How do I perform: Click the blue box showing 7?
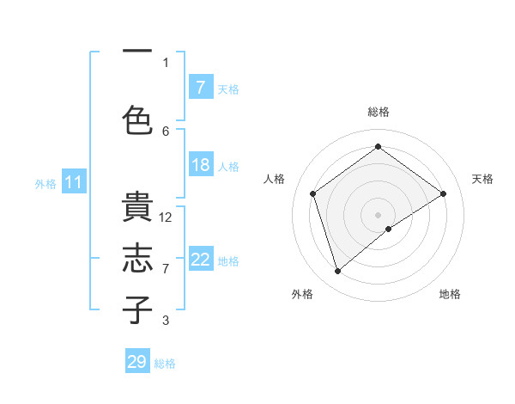200,88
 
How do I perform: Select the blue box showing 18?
200,165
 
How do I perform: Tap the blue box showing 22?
200,260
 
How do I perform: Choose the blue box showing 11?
73,182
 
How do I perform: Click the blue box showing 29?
137,362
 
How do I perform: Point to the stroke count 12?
166,217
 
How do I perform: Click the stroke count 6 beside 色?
166,131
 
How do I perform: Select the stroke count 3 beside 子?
166,321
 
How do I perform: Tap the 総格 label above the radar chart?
378,112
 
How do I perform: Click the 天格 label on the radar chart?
482,179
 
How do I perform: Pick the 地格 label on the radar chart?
450,294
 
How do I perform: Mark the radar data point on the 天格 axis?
443,193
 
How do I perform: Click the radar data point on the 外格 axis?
337,272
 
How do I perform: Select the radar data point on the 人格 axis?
313,193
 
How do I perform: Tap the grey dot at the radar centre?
378,214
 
